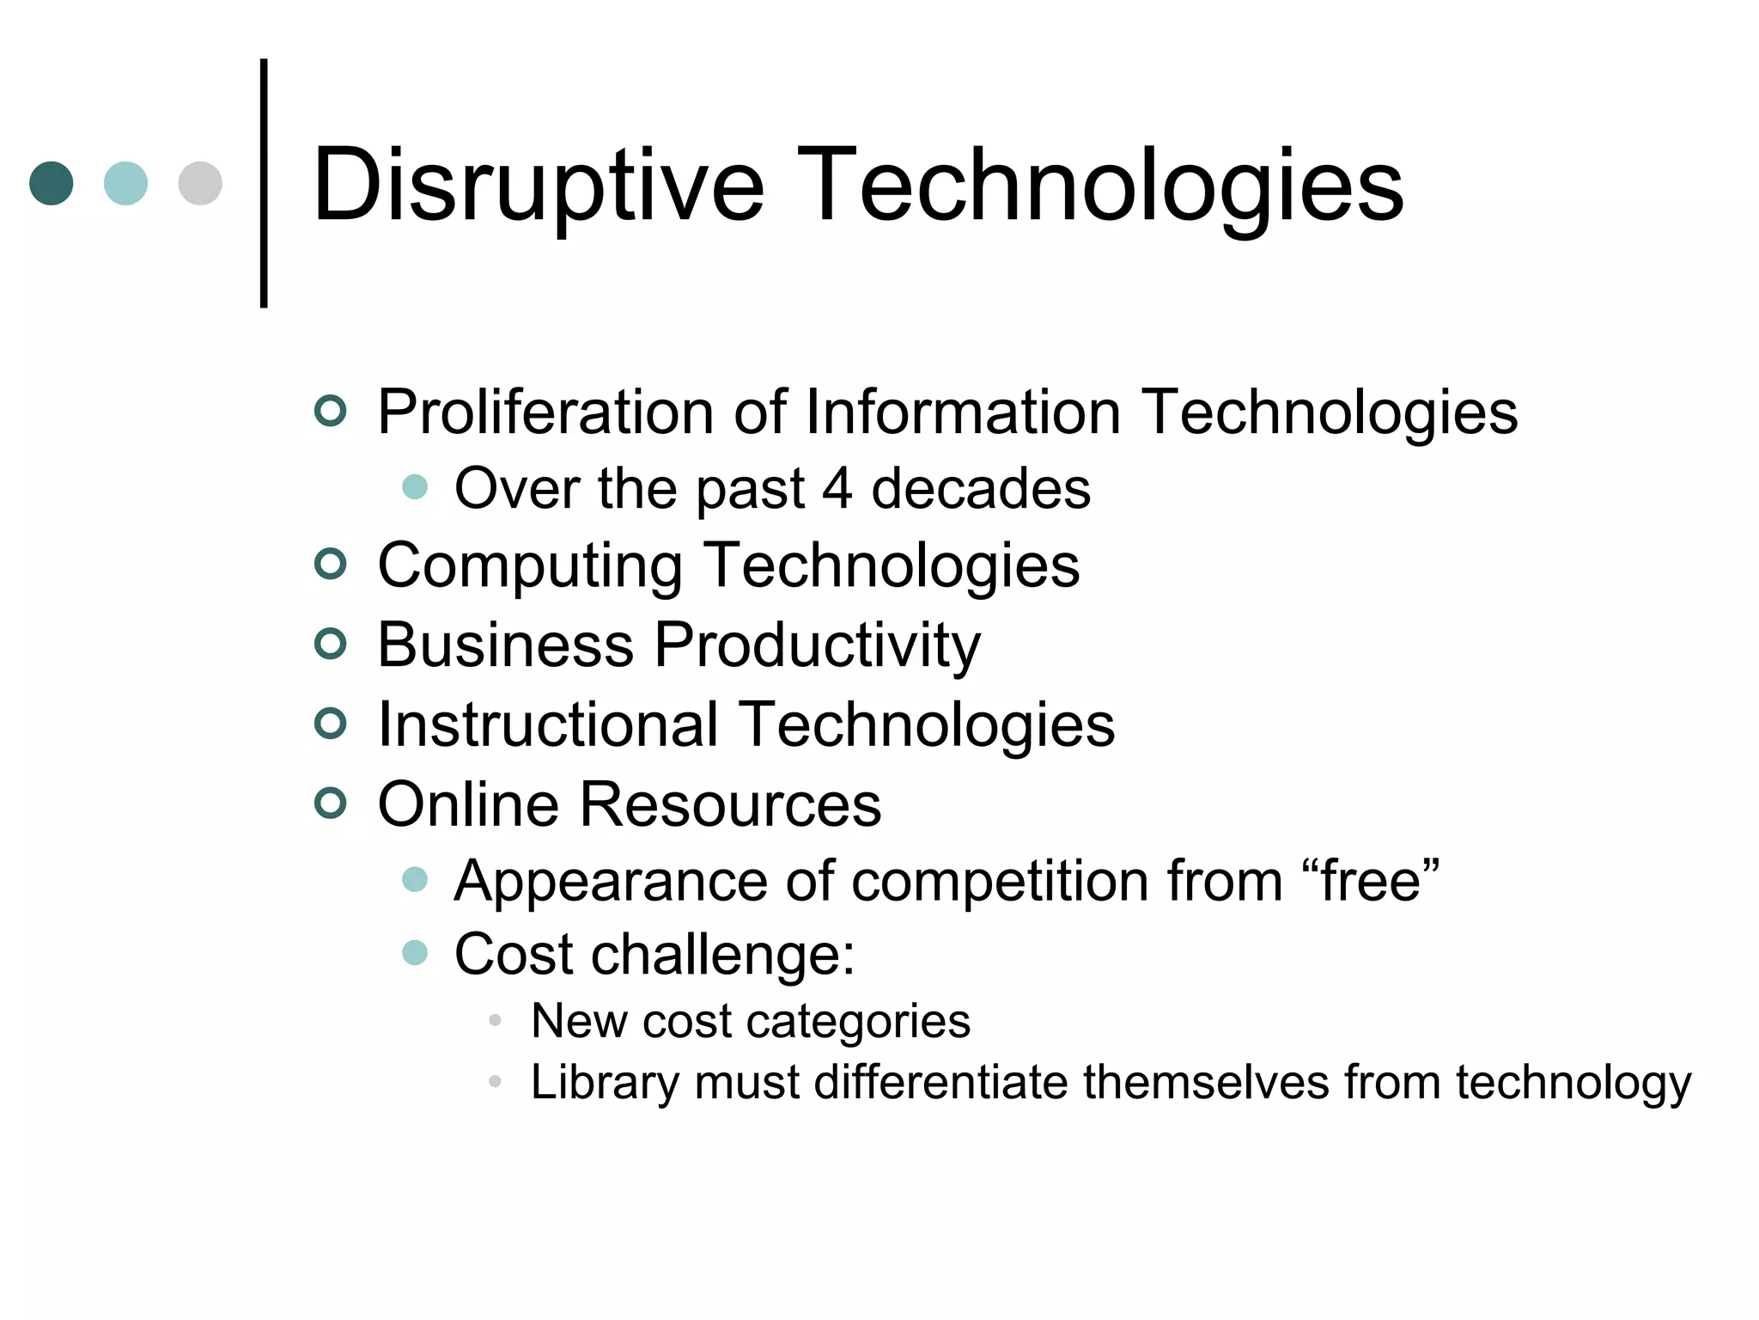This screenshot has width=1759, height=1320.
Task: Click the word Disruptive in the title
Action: point(538,186)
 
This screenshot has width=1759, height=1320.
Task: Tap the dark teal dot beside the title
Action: point(52,183)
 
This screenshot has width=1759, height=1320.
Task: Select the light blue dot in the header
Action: point(125,183)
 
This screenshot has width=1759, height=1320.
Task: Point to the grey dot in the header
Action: point(200,183)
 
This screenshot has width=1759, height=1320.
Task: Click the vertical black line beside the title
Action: point(264,183)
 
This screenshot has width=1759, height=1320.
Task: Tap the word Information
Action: point(963,412)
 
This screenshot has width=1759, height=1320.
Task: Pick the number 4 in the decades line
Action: point(837,488)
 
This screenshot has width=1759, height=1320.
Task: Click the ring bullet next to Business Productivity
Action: point(331,644)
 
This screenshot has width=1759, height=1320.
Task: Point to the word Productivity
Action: point(817,645)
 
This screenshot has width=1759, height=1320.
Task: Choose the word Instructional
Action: point(548,724)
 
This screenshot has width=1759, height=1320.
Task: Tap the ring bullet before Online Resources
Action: point(331,803)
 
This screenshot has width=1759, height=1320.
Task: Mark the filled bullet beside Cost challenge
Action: point(415,952)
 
